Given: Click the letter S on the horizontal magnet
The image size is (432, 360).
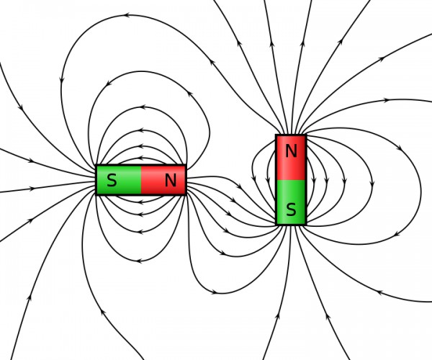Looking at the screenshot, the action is [112, 181].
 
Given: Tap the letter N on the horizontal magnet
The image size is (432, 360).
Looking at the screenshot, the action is [170, 181].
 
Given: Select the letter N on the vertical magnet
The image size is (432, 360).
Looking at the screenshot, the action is [291, 151].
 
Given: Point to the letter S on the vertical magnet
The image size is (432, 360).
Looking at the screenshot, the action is [291, 210].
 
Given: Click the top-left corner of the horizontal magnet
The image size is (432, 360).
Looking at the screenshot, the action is [96, 166].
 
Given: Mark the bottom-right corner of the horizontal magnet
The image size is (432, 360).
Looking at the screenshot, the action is [186, 194].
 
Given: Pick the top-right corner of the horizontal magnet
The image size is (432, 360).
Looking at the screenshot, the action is [186, 166].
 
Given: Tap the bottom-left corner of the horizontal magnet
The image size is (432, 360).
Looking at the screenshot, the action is [96, 194].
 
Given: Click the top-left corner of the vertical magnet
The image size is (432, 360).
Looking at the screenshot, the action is [276, 135].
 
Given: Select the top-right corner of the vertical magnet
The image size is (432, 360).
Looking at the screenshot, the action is [306, 135].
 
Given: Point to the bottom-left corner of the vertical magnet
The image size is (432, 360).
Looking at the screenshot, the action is [276, 225].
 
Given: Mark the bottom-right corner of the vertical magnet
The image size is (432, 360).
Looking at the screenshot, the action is [306, 225].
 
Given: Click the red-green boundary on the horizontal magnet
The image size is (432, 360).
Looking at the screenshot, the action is [141, 180].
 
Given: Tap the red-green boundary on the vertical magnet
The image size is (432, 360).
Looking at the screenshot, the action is [291, 180].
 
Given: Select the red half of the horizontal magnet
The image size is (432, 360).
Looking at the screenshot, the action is [155, 189].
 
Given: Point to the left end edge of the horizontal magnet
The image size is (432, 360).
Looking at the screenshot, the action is [96, 180].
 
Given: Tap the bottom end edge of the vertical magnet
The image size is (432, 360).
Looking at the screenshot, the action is [291, 225].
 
